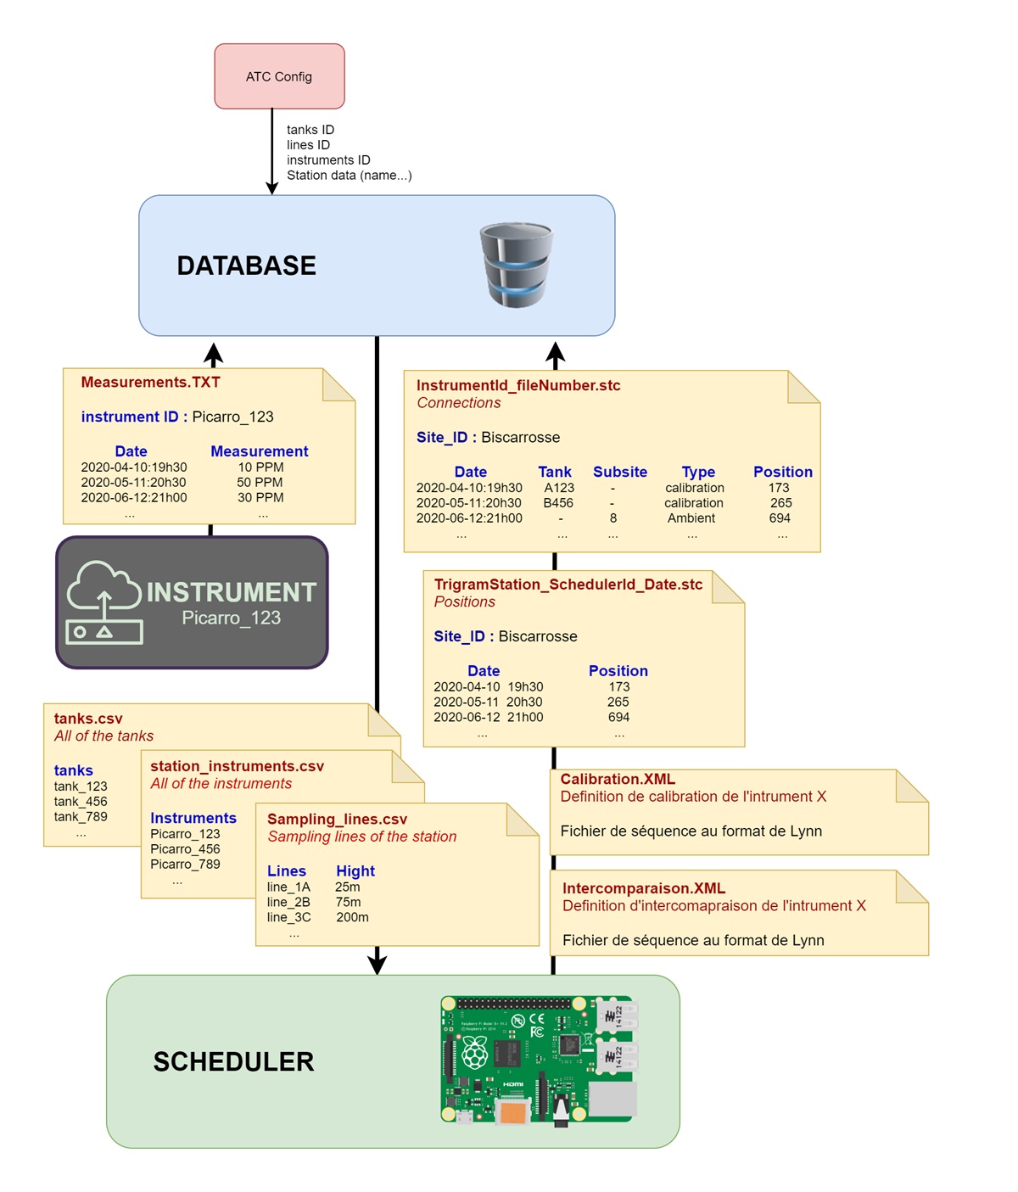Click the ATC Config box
(279, 76)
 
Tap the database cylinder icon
(516, 265)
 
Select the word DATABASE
(246, 266)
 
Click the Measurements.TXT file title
(150, 383)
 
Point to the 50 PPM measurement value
(260, 483)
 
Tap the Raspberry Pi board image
(538, 1060)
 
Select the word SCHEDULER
(233, 1061)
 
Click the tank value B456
(558, 503)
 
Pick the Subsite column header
(619, 472)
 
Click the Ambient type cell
(691, 518)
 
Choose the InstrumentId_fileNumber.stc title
(518, 385)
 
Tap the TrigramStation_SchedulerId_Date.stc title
(568, 585)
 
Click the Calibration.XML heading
(618, 779)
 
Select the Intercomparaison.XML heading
(644, 888)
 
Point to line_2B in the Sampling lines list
(288, 903)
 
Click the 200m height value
(352, 918)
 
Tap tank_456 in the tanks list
(81, 802)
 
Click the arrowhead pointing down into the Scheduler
(378, 964)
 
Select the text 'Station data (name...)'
(349, 176)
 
